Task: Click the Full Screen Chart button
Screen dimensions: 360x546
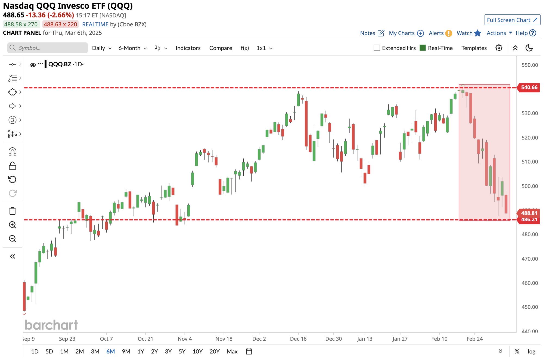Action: tap(512, 20)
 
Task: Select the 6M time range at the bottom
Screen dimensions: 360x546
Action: tap(110, 351)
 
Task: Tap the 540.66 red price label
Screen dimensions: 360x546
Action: tap(529, 87)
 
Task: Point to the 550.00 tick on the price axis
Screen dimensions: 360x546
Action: tap(529, 65)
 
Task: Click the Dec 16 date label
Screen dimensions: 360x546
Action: tap(298, 339)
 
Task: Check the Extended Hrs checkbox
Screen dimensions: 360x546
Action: tap(377, 48)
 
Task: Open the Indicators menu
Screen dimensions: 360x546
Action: tap(188, 48)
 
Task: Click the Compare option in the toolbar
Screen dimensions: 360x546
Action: tap(221, 48)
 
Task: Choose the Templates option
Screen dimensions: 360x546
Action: tap(474, 48)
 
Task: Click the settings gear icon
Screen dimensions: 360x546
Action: tap(499, 48)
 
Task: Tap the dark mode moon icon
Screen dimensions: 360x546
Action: tap(529, 48)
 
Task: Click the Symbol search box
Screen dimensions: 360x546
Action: tap(48, 48)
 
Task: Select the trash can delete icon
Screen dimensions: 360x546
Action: tap(13, 211)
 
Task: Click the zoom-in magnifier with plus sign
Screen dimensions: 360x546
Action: tap(13, 225)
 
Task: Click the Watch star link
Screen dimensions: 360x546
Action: tap(469, 33)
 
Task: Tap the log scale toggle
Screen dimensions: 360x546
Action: tap(531, 351)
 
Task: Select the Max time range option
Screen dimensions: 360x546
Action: tap(232, 351)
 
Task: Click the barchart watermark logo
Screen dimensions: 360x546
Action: tap(51, 325)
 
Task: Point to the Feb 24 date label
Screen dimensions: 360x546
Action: tap(474, 339)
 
